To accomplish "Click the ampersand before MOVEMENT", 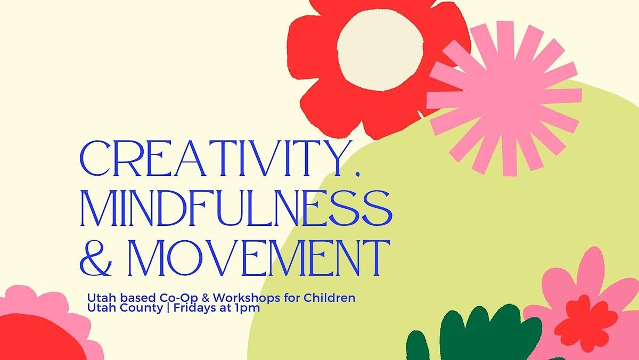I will click(95, 258).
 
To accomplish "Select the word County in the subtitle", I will click(127, 308).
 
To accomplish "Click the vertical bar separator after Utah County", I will click(150, 308).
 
